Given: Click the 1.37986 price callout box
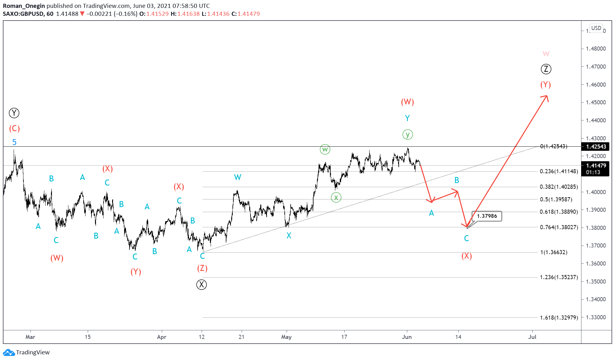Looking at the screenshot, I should click(x=487, y=216).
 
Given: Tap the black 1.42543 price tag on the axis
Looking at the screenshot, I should click(x=595, y=147).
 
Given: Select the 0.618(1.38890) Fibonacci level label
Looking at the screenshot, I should click(x=559, y=212).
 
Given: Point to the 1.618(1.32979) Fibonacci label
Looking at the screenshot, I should click(x=559, y=318).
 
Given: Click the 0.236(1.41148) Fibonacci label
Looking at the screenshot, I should click(x=559, y=171).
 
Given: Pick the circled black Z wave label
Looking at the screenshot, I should click(x=546, y=69).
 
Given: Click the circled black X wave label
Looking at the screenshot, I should click(x=201, y=285).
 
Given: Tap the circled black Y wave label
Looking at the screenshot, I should click(x=14, y=113).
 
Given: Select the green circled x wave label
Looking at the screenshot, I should click(x=336, y=198).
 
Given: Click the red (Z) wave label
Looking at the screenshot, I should click(x=202, y=268).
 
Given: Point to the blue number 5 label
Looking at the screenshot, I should click(x=14, y=142).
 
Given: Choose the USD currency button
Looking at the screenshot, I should click(x=596, y=28).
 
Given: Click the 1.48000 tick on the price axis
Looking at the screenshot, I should click(x=596, y=49).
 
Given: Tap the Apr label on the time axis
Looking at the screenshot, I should click(x=162, y=337).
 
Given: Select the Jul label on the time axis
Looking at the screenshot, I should click(x=532, y=337).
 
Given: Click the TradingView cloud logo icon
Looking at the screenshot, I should click(x=9, y=352).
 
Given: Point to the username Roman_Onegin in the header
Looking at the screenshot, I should click(x=24, y=6).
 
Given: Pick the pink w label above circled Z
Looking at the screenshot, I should click(x=546, y=54).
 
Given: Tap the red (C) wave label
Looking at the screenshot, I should click(x=14, y=129).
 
